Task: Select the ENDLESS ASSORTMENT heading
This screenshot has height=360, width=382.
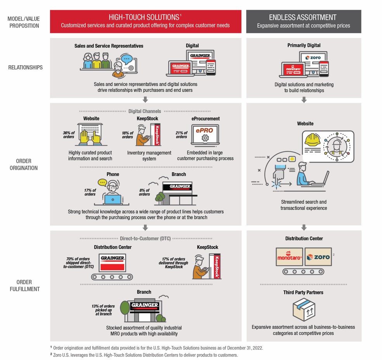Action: point(303,17)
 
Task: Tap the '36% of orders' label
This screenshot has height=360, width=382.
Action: point(69,135)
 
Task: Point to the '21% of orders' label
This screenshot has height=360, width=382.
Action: point(181,135)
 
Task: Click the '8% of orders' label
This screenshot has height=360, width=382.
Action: point(144,192)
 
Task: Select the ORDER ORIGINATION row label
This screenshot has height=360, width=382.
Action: point(24,164)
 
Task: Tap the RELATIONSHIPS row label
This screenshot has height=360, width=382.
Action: point(25,67)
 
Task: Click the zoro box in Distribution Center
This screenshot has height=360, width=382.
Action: point(318,257)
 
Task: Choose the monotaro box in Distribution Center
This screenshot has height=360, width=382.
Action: point(289,257)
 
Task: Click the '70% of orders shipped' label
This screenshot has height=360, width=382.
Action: point(78,262)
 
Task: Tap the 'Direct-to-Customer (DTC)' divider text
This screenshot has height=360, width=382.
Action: point(145,239)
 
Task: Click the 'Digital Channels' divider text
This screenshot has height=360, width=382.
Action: point(145,111)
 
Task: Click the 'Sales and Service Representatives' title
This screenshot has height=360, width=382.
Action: point(109,46)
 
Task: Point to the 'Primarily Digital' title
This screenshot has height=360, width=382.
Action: point(304,45)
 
